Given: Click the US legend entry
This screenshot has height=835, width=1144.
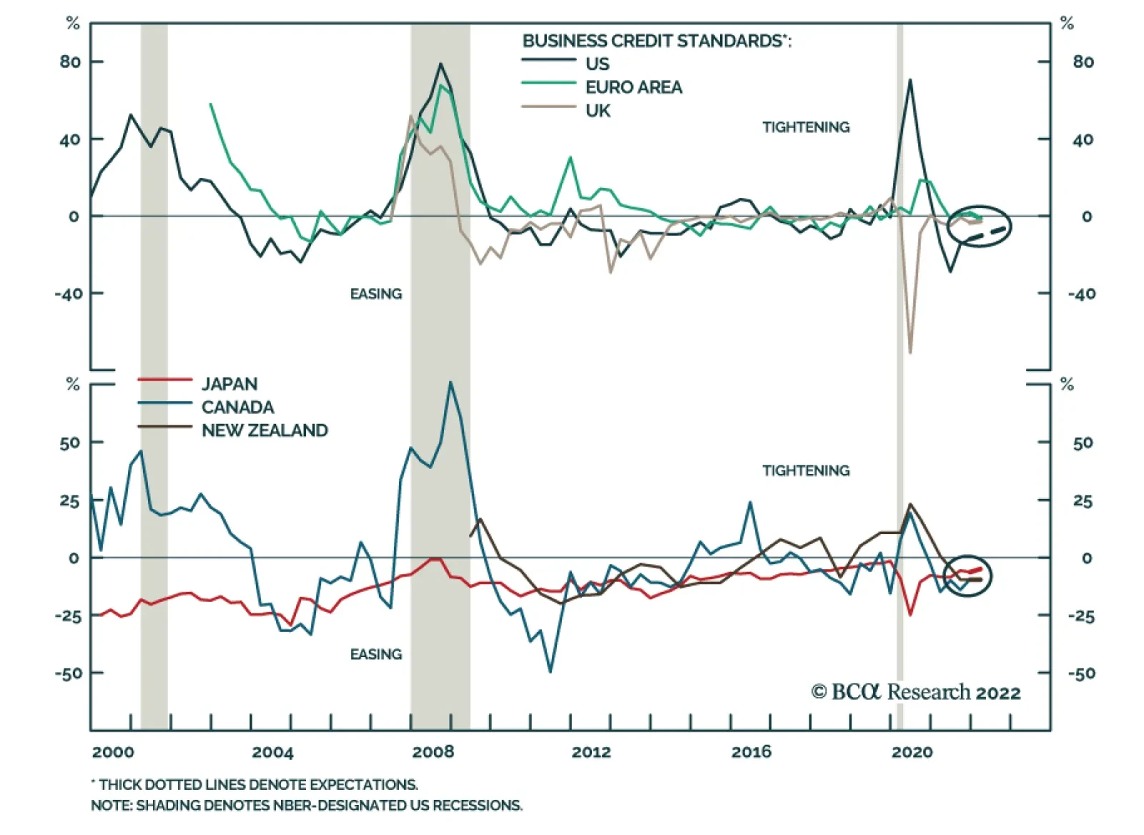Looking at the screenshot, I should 597,64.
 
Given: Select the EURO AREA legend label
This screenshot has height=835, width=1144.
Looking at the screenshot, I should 633,87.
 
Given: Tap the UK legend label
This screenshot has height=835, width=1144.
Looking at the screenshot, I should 598,111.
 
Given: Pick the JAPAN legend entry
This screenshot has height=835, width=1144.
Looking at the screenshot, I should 229,384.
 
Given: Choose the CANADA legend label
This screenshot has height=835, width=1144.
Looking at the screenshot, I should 237,407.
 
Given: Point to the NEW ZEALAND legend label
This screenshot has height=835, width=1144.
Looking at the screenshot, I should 265,430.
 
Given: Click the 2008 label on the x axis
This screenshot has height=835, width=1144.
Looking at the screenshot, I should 433,752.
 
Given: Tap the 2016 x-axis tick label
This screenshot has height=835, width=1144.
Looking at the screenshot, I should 751,752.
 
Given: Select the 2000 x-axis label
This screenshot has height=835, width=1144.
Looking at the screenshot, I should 113,752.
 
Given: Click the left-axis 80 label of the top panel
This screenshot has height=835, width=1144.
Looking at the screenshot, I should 70,62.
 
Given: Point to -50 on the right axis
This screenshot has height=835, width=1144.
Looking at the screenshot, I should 1081,673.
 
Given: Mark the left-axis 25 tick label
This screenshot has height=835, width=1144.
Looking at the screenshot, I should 69,500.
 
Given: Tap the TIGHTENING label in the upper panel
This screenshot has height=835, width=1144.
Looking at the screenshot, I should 806,127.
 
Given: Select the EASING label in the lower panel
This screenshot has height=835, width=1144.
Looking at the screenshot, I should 376,654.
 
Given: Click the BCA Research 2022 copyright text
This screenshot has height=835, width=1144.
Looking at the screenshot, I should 916,692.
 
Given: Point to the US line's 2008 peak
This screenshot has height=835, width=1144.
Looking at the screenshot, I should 440,64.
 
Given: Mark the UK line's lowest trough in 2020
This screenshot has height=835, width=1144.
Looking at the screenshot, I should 910,352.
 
